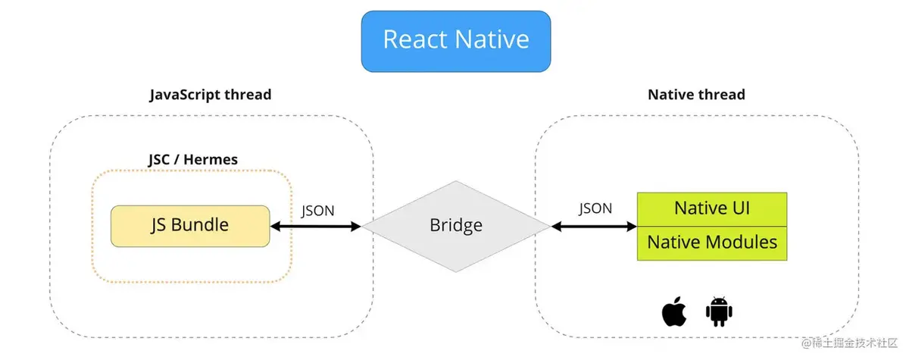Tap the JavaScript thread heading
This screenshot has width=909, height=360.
(211, 95)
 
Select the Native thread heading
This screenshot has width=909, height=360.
(696, 95)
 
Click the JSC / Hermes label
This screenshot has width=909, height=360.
(192, 160)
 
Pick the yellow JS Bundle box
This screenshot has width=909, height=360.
(189, 225)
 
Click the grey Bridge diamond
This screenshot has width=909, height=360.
(455, 225)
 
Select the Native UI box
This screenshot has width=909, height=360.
(712, 208)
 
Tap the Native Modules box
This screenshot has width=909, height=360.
(712, 243)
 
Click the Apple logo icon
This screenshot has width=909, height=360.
(674, 311)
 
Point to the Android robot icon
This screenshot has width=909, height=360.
(720, 311)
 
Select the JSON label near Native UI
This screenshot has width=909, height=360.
(595, 208)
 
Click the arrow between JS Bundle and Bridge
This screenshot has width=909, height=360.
(315, 226)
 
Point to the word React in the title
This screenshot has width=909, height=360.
(416, 39)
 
